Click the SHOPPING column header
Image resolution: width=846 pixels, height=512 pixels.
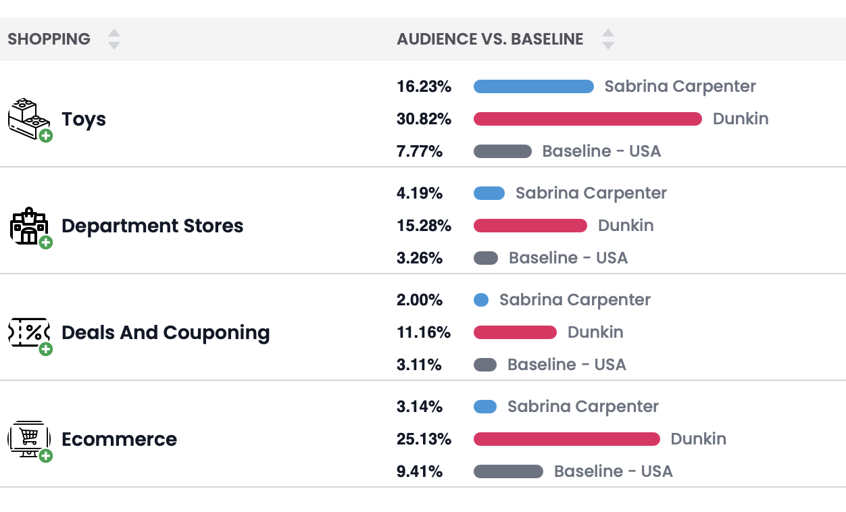(x=49, y=39)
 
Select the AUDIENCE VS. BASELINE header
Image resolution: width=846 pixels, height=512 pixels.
(x=490, y=39)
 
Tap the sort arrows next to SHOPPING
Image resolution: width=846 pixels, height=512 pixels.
(x=114, y=39)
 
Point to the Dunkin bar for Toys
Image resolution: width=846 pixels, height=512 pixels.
(x=588, y=119)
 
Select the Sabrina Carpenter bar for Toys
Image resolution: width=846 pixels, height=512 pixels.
(x=533, y=86)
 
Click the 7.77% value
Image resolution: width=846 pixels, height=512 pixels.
(x=420, y=151)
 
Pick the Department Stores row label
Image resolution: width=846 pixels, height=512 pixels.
(x=152, y=226)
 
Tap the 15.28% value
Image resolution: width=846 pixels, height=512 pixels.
(x=424, y=226)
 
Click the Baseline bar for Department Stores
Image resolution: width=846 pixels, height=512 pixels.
(x=486, y=258)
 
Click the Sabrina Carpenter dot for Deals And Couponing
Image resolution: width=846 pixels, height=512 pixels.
(x=481, y=300)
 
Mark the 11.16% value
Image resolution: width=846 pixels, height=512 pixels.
(x=424, y=332)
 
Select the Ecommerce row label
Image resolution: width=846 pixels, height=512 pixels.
(x=119, y=439)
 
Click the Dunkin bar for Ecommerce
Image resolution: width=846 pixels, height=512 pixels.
(x=566, y=439)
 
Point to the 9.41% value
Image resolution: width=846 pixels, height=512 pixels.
(x=420, y=471)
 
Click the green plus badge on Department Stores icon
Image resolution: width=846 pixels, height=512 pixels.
(x=46, y=242)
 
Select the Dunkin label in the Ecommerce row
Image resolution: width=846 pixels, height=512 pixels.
(x=698, y=439)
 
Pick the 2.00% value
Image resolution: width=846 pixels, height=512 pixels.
(x=420, y=300)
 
